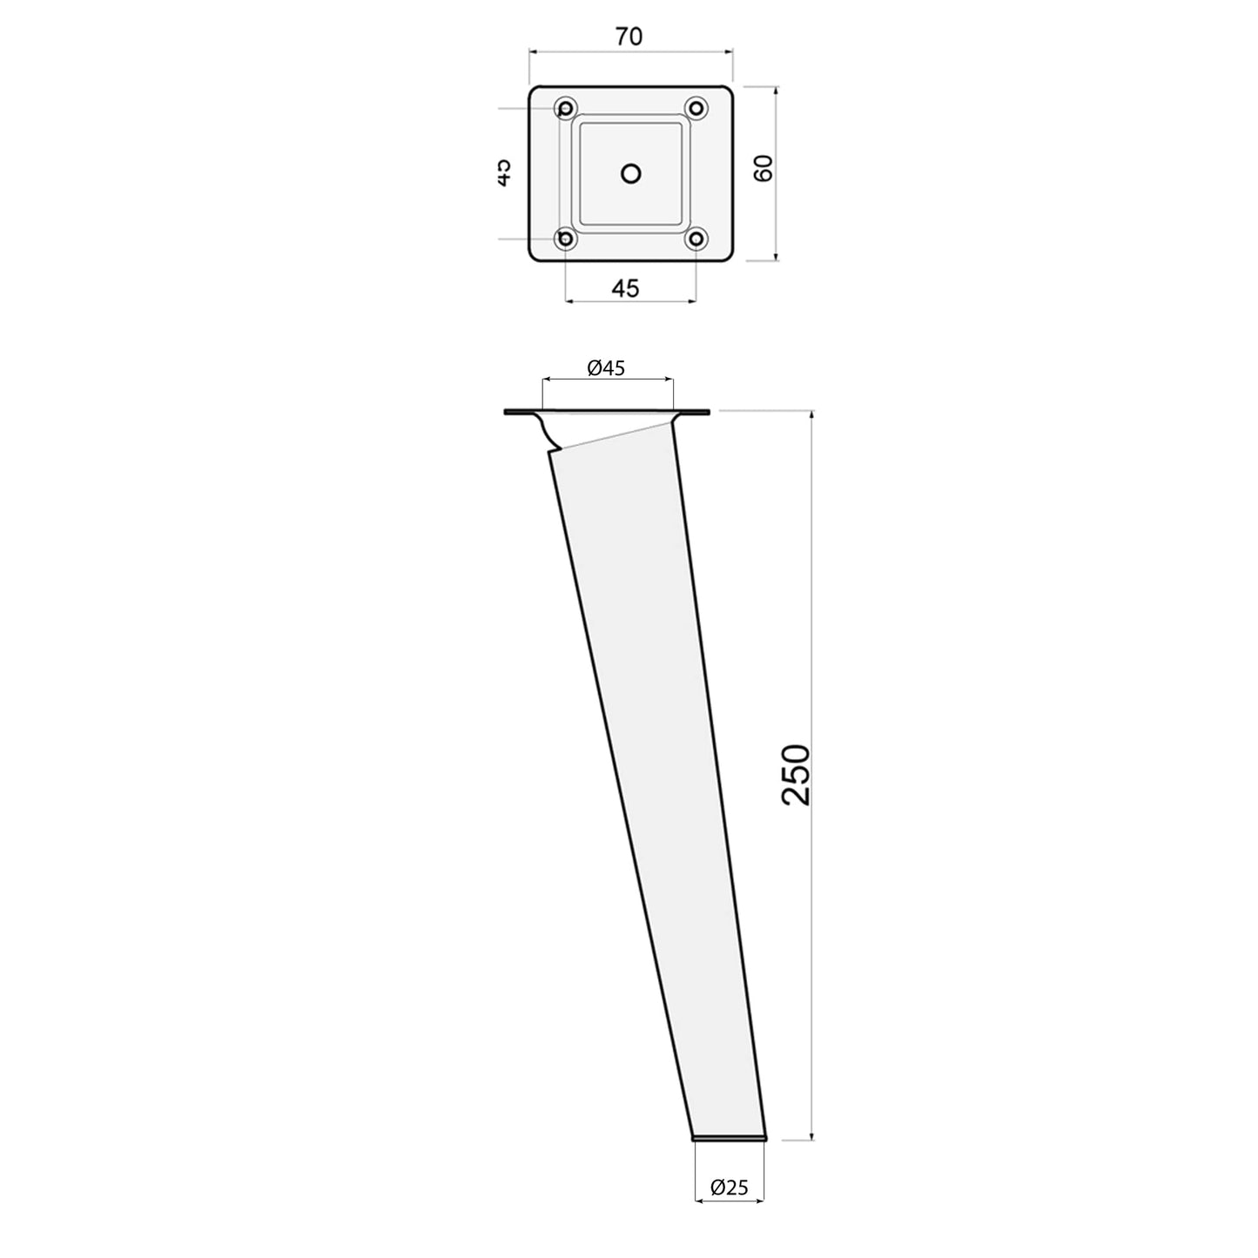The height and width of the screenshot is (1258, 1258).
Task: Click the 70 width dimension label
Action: click(629, 37)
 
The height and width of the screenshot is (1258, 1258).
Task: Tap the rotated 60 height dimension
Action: click(763, 168)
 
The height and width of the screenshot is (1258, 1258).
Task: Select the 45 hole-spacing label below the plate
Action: click(625, 288)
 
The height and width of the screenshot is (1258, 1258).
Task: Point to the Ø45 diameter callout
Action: click(606, 368)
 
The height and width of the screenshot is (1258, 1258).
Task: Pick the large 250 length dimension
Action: click(796, 774)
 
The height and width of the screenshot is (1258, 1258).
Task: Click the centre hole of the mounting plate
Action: click(630, 173)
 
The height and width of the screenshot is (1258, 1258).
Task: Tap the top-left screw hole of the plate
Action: click(565, 108)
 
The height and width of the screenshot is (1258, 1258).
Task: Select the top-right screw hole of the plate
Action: click(696, 108)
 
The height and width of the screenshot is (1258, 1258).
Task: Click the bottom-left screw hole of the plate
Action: click(565, 239)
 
